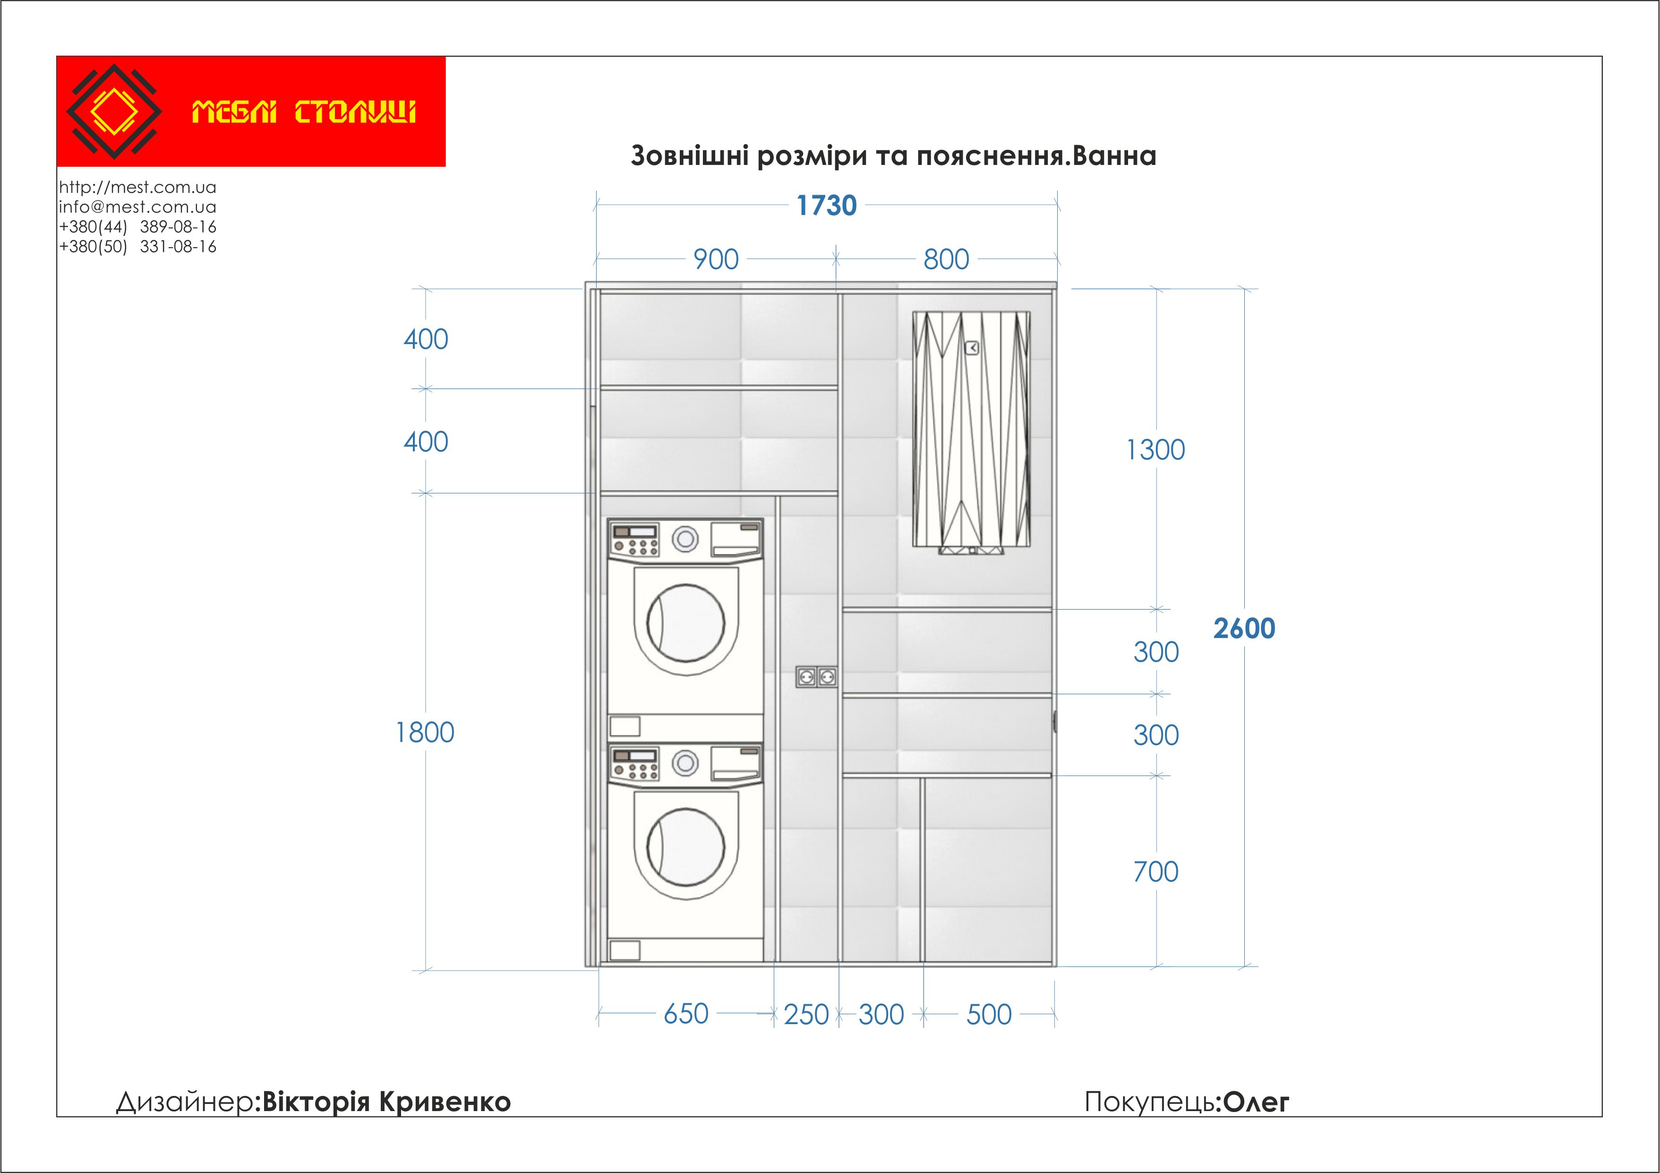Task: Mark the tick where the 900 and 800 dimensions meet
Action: pyautogui.click(x=837, y=258)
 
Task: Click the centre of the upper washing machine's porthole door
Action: pyautogui.click(x=685, y=623)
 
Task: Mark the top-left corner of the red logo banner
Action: pyautogui.click(x=57, y=56)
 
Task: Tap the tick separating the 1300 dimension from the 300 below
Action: pyautogui.click(x=1157, y=609)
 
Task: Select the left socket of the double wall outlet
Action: pyautogui.click(x=806, y=677)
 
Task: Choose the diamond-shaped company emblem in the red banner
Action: pyautogui.click(x=114, y=112)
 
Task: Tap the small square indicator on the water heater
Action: pyautogui.click(x=972, y=348)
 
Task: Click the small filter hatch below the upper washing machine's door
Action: pyautogui.click(x=625, y=726)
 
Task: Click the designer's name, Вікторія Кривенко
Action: pyautogui.click(x=387, y=1102)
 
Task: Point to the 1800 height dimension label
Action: pyautogui.click(x=425, y=733)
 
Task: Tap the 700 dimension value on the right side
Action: pyautogui.click(x=1156, y=871)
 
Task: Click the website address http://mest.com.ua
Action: pyautogui.click(x=137, y=187)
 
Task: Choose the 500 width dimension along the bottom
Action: pyautogui.click(x=989, y=1015)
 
